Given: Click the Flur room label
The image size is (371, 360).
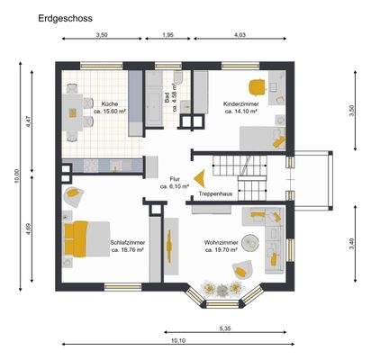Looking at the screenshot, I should click(x=175, y=183).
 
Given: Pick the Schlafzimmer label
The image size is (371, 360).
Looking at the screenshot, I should click(x=128, y=246).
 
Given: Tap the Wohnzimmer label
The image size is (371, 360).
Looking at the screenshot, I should click(x=221, y=246).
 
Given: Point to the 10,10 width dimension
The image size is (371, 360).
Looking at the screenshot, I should click(x=177, y=341).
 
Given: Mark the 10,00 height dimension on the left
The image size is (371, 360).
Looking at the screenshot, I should click(x=15, y=176).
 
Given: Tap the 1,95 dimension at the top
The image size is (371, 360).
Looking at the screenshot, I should click(x=167, y=34).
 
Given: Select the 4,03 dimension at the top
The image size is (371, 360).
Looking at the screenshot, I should click(x=240, y=34).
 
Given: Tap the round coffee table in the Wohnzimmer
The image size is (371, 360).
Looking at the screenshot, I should click(x=249, y=241).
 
